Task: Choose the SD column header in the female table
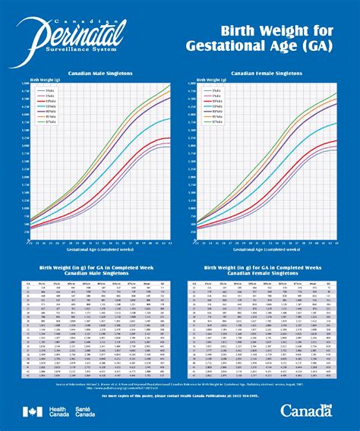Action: point(327,282)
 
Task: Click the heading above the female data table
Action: point(263,270)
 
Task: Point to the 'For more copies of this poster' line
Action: point(179,396)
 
